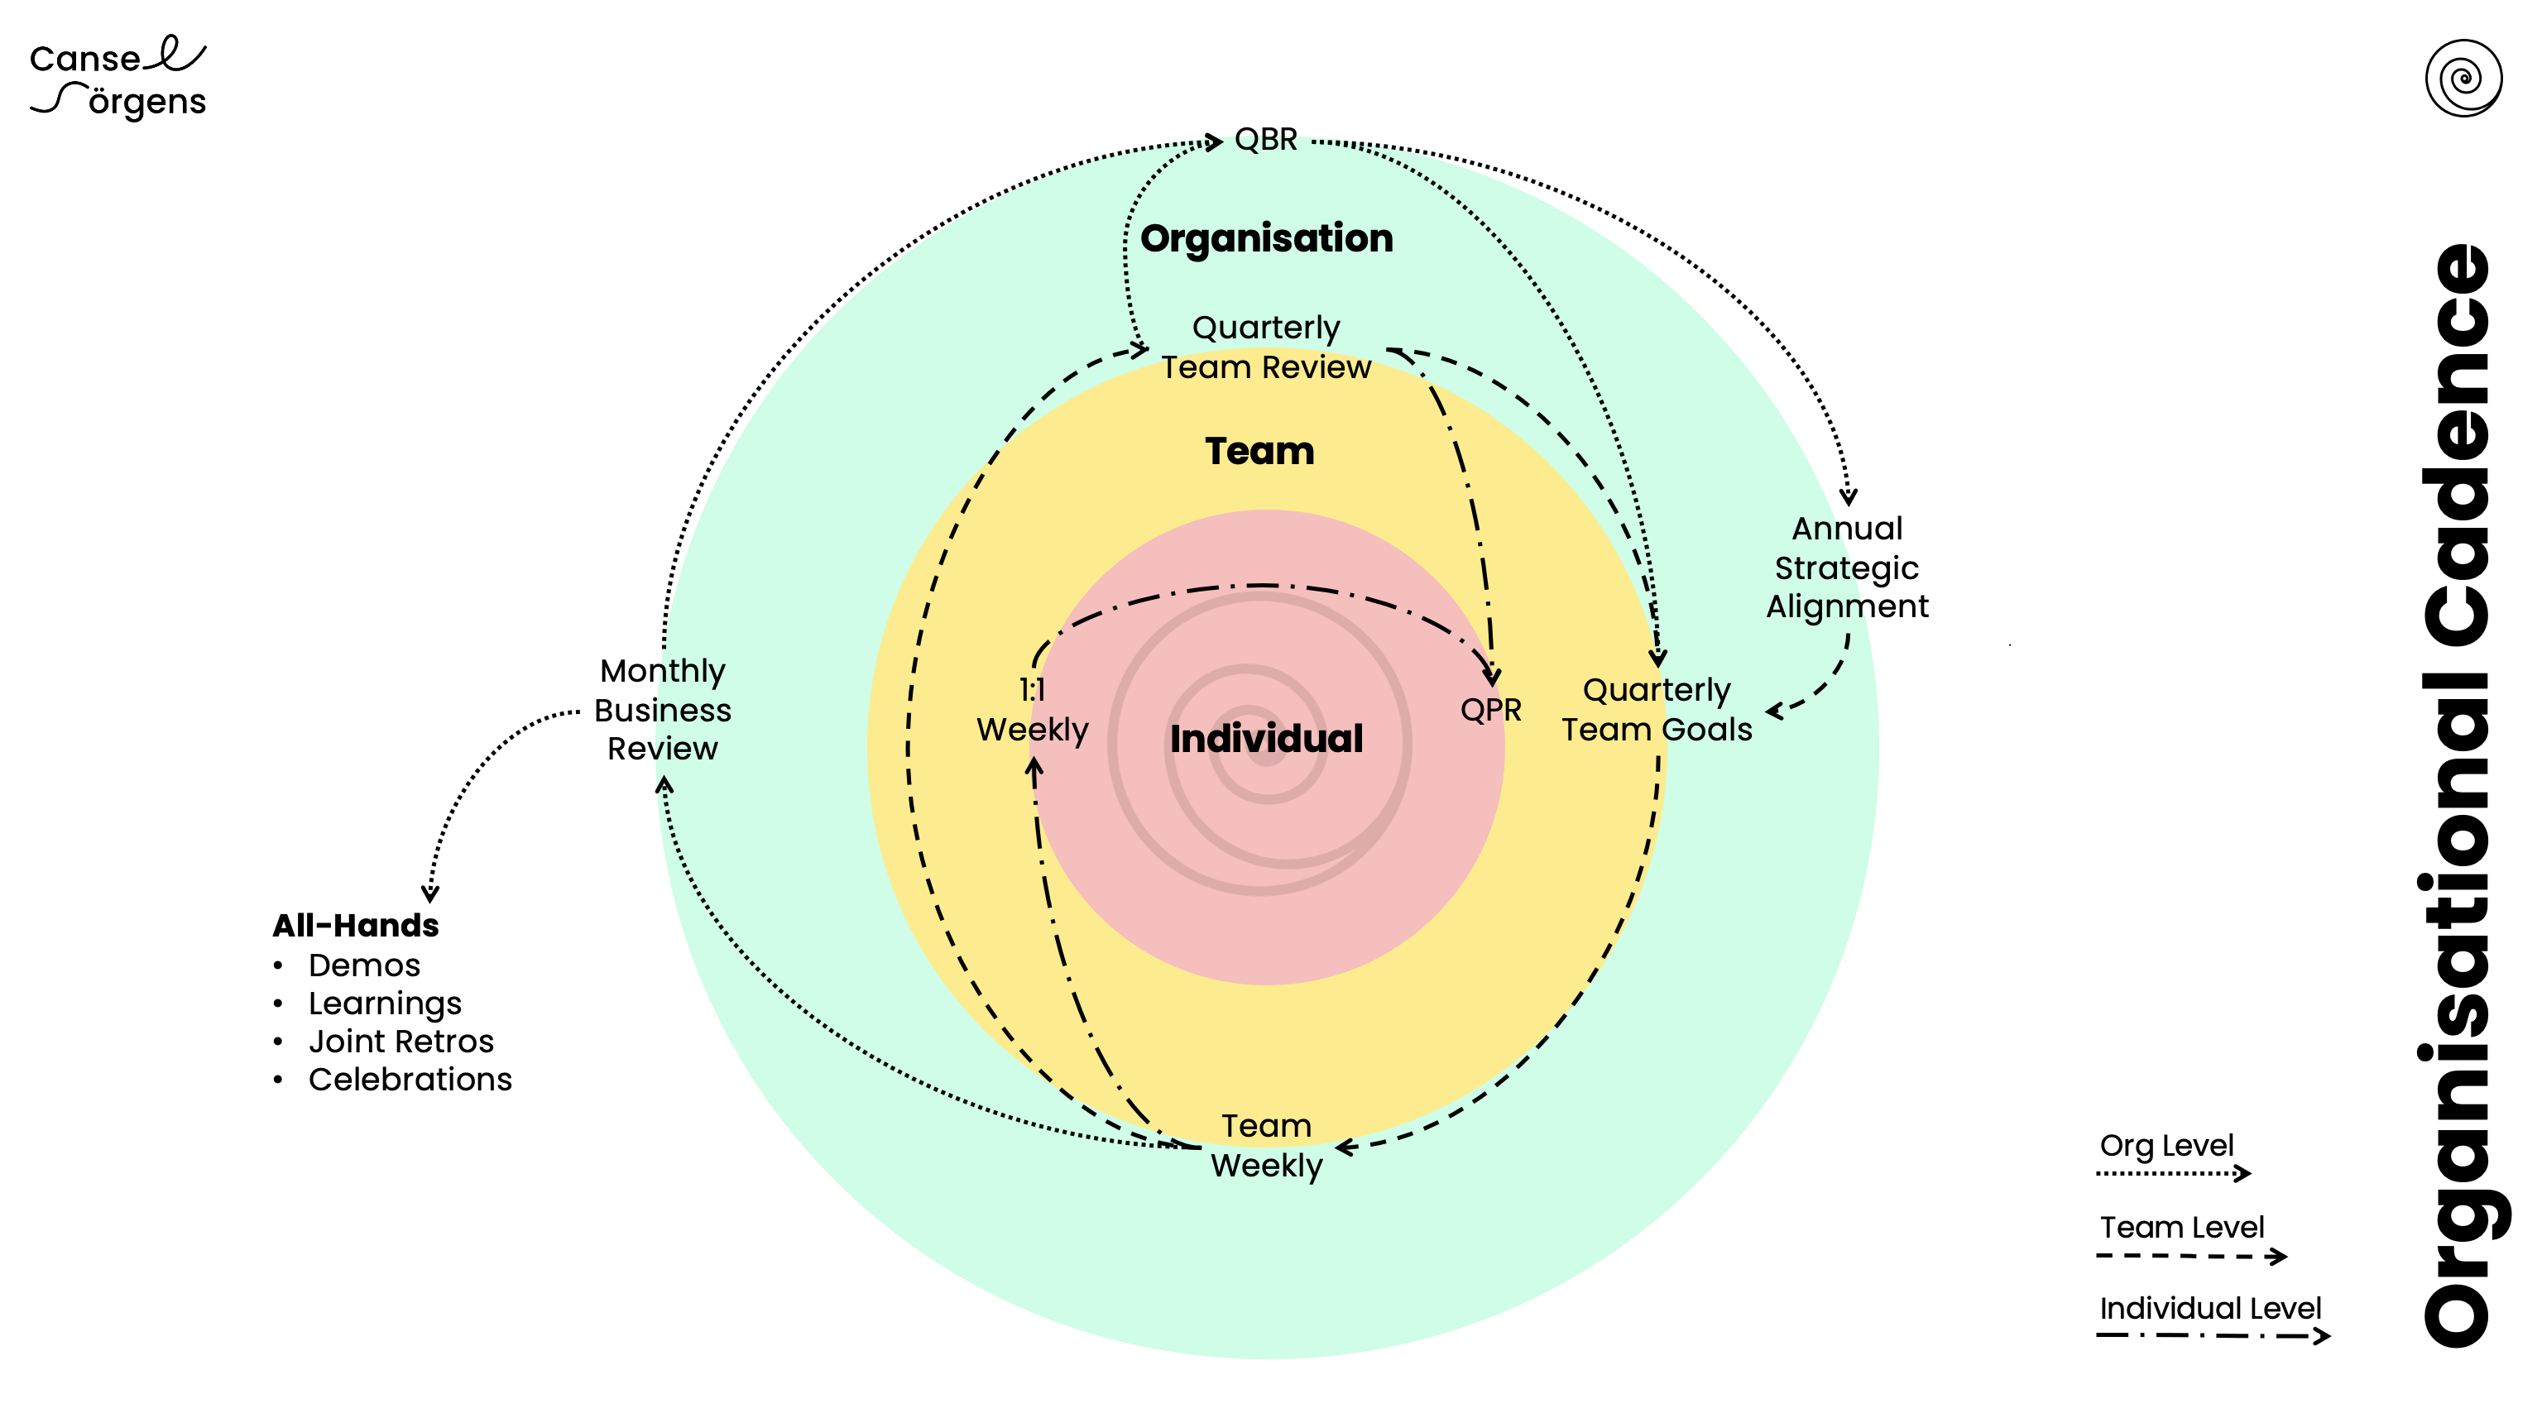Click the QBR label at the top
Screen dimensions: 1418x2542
[1265, 140]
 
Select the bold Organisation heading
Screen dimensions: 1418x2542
[1266, 239]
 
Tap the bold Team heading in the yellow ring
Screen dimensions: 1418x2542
[1259, 451]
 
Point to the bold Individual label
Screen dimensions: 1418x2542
[1266, 738]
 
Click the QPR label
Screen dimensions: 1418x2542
[1490, 710]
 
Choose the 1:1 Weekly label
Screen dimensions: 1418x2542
[1032, 710]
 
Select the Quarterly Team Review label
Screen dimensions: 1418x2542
[1266, 347]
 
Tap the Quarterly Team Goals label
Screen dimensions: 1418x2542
[1656, 710]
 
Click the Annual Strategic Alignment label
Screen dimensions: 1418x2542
[1846, 568]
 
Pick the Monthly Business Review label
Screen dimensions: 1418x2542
[662, 710]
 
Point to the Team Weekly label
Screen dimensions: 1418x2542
[1266, 1146]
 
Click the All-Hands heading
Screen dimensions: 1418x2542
[355, 926]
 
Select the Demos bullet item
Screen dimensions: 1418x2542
[364, 965]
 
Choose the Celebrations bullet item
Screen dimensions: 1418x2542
[410, 1080]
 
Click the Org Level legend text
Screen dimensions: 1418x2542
[2166, 1145]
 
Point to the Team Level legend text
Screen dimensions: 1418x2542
[2181, 1227]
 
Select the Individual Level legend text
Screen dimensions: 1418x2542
[2209, 1309]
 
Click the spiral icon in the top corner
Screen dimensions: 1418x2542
[2463, 78]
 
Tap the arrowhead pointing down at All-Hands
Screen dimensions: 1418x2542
[430, 894]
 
